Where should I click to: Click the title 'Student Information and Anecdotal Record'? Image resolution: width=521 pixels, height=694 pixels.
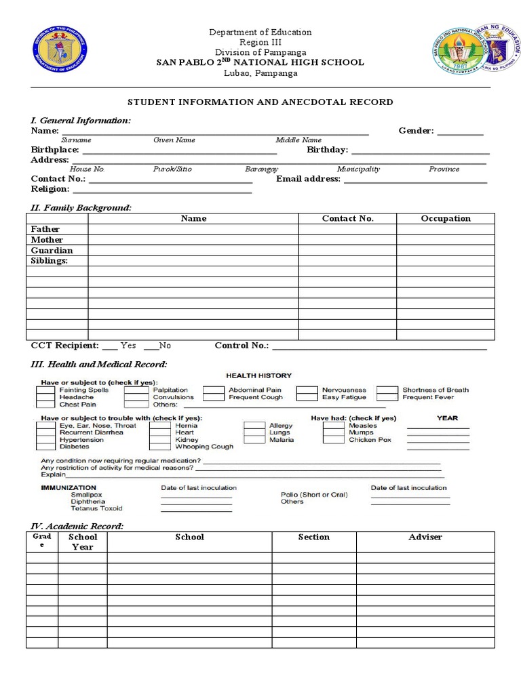(x=260, y=102)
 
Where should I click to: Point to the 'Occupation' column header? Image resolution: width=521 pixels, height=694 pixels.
(x=446, y=218)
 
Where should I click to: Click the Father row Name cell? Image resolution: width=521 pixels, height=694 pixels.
(x=193, y=229)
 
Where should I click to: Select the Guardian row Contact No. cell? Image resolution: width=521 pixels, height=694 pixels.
(x=347, y=250)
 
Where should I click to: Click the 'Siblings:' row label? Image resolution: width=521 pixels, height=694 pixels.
(x=50, y=261)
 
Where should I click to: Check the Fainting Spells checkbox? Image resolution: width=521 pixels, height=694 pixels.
(x=45, y=390)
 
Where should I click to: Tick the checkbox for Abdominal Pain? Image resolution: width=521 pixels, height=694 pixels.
(x=214, y=390)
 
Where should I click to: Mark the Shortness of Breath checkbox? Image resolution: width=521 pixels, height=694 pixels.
(x=387, y=390)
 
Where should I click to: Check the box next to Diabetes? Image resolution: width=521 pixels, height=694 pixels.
(x=45, y=447)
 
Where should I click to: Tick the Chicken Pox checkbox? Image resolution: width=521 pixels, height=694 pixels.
(x=334, y=440)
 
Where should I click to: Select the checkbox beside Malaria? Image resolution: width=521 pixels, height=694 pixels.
(x=255, y=440)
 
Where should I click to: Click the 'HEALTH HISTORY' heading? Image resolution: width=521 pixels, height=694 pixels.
(x=258, y=375)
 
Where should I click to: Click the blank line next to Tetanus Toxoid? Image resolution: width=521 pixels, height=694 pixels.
(x=196, y=510)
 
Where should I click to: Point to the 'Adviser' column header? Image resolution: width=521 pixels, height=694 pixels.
(x=425, y=537)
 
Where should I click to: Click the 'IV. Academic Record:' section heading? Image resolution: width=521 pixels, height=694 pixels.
(x=77, y=526)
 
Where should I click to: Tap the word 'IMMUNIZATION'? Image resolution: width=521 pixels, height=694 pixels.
(x=69, y=487)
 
